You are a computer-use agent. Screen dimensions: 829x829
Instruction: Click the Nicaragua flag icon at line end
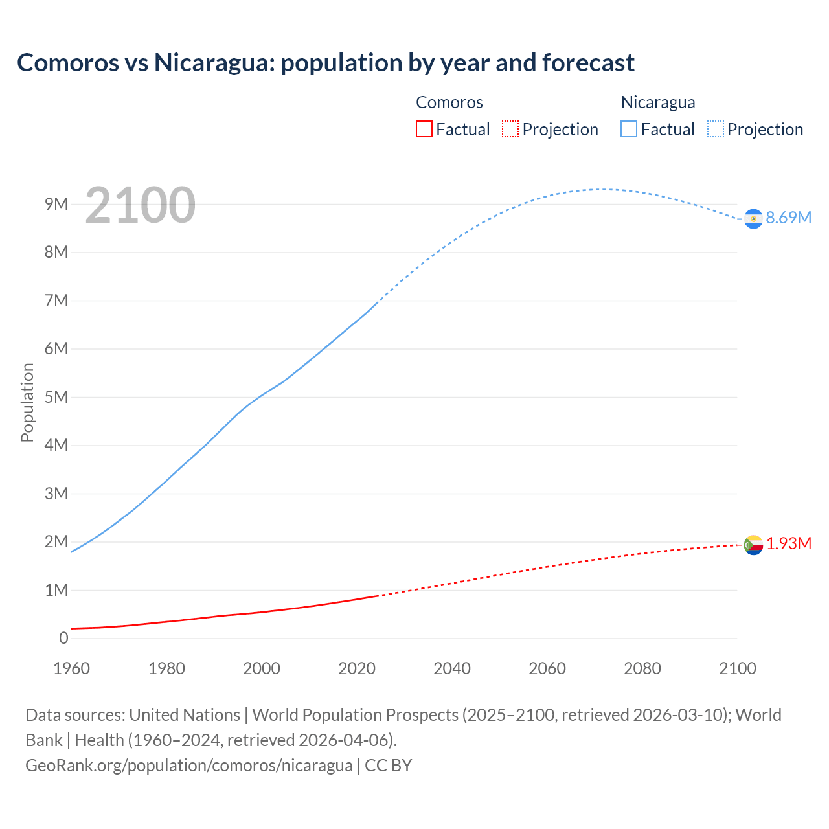point(753,219)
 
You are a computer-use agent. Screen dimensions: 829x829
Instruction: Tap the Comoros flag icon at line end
point(753,545)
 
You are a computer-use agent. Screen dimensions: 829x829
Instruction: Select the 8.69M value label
point(788,218)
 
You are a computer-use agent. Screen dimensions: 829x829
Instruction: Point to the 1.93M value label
point(789,543)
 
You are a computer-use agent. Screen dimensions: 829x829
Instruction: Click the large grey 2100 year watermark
point(140,205)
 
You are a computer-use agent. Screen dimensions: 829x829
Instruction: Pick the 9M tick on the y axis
point(56,205)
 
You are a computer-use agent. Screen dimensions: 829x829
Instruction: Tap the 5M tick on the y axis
point(56,397)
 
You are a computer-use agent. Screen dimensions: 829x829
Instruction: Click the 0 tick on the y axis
point(63,639)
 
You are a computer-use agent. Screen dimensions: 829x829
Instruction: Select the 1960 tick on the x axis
point(71,668)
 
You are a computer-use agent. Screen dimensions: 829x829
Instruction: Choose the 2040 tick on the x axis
point(452,668)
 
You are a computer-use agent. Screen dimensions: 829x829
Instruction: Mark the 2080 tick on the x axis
point(642,668)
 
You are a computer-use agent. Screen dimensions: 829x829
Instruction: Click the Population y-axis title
point(27,402)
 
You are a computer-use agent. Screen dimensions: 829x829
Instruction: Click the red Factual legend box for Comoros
point(424,129)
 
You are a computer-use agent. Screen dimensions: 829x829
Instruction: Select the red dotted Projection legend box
point(510,129)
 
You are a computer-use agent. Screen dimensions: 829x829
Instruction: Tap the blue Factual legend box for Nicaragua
point(629,129)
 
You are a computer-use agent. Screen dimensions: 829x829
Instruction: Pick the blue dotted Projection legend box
point(715,129)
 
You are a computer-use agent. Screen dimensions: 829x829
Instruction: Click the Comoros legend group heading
point(449,102)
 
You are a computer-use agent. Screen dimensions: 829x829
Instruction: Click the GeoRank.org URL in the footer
point(188,766)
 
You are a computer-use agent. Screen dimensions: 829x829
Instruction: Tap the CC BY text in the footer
point(389,766)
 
